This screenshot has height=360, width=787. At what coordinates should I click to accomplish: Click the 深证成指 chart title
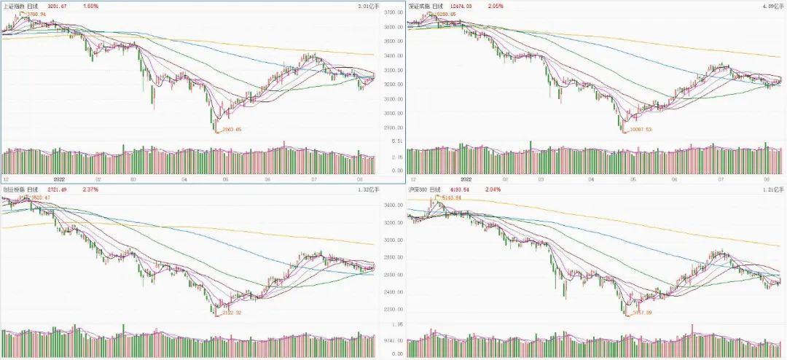pos(420,6)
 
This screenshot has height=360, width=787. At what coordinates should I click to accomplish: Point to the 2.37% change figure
pos(91,189)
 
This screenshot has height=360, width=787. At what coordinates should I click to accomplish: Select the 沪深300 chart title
pos(418,189)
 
